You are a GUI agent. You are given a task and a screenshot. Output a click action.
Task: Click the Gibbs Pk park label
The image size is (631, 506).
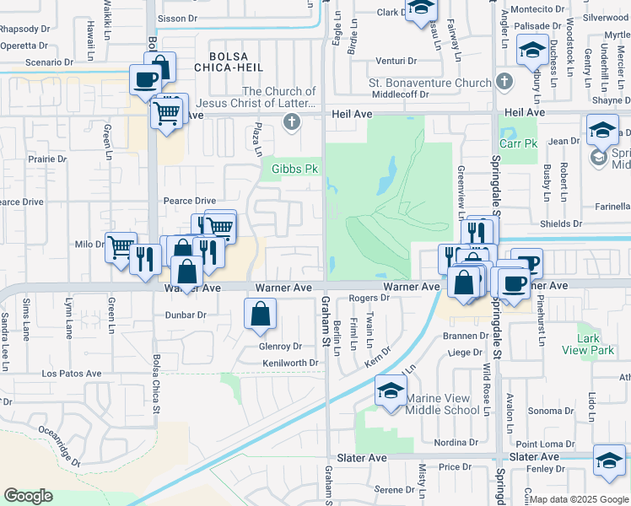(294, 170)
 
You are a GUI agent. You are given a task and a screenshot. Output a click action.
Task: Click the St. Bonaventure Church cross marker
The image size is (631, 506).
(504, 83)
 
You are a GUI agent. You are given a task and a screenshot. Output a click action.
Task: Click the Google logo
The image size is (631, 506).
(28, 496)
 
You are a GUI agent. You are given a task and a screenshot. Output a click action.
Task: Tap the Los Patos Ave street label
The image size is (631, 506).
(73, 374)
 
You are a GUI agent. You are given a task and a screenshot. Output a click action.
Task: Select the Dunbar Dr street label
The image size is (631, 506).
(185, 315)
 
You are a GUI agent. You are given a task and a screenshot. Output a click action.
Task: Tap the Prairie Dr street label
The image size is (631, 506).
(46, 159)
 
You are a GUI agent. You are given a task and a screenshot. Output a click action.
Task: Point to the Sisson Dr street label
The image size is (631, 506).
(176, 18)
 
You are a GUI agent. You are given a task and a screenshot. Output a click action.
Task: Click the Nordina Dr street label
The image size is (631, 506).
(456, 443)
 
